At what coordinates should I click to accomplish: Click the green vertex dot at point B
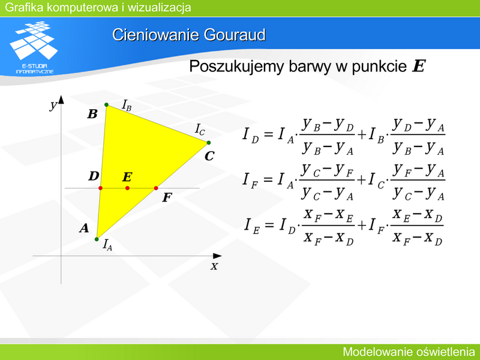coord(107,104)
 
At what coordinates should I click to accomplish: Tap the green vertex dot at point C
coord(208,143)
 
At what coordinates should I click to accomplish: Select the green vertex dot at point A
coord(97,239)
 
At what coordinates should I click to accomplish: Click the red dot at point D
coord(100,188)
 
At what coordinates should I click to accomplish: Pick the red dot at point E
coord(127,188)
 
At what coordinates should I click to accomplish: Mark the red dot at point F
coord(156,188)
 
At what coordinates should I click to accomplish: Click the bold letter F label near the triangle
coord(167,197)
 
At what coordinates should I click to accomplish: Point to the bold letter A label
coord(84,228)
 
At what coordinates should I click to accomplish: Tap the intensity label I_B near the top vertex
coord(127,106)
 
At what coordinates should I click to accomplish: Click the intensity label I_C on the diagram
coord(200,129)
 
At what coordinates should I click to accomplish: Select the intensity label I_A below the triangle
coord(107,245)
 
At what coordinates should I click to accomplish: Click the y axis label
coord(53,106)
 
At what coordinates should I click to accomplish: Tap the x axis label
coord(214,266)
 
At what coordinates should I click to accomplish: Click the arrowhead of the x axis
coord(217,256)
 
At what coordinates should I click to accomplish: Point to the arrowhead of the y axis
coord(61,100)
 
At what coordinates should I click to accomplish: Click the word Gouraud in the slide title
coord(235,35)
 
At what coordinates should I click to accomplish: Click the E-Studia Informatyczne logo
coord(34,47)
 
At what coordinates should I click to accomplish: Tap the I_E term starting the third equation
coord(252,226)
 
